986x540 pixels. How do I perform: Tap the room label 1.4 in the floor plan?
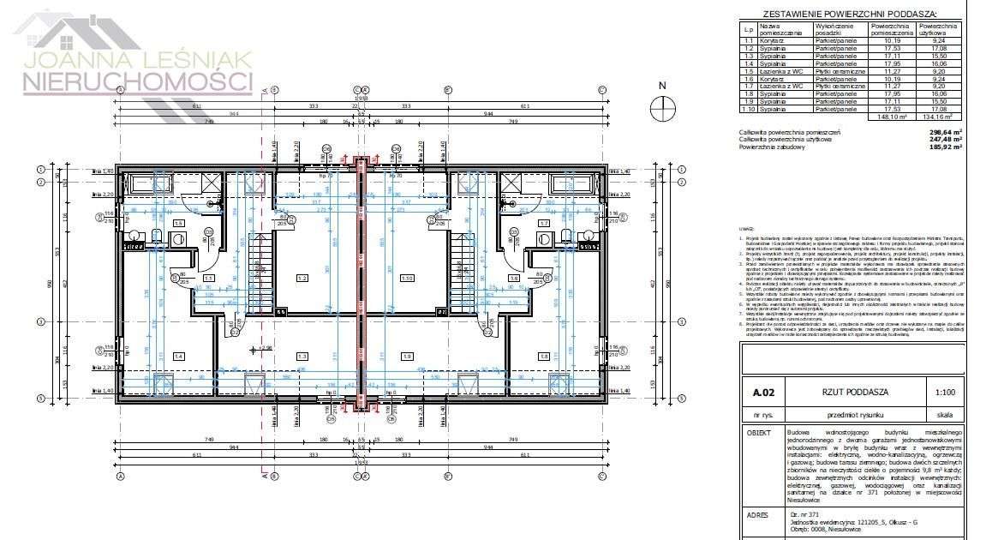(179, 356)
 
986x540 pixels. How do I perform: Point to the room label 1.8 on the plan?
(543, 356)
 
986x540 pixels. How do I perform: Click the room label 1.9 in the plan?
(407, 356)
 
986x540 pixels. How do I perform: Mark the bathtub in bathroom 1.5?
(153, 183)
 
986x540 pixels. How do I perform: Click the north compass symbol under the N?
(662, 108)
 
